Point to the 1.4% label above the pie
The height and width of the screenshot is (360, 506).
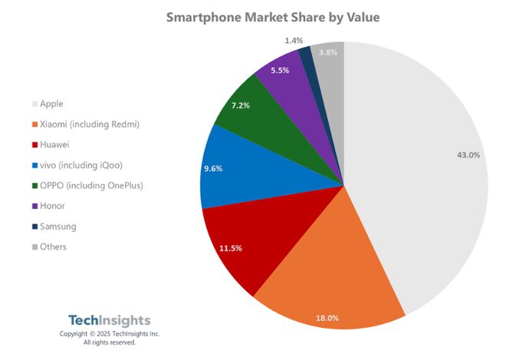(294, 39)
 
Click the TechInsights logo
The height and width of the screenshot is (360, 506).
(110, 320)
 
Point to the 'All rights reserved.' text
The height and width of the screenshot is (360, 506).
(110, 342)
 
